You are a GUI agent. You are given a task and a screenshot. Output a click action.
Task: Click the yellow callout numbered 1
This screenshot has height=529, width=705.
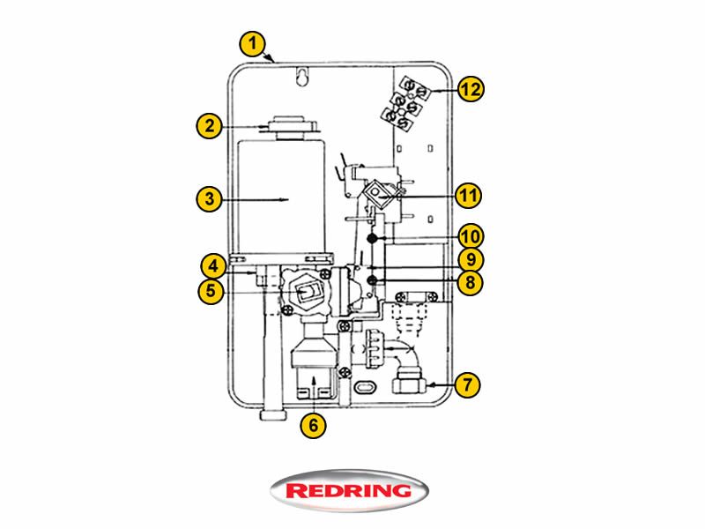pyautogui.click(x=254, y=41)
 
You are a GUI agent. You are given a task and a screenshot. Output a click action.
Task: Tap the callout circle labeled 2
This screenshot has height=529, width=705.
pyautogui.click(x=208, y=126)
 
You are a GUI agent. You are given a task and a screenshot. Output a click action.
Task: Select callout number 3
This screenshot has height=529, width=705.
pyautogui.click(x=208, y=199)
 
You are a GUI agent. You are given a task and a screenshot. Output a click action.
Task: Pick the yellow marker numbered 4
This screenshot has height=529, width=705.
pyautogui.click(x=211, y=265)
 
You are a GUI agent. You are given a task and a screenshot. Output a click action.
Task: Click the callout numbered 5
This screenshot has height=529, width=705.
pyautogui.click(x=211, y=291)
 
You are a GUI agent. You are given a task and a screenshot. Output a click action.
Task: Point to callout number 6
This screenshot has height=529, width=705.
pyautogui.click(x=313, y=425)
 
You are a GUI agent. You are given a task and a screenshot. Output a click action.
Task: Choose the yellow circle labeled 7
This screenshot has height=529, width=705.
pyautogui.click(x=469, y=385)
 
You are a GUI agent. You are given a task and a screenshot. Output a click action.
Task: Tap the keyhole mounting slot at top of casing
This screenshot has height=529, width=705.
pyautogui.click(x=301, y=78)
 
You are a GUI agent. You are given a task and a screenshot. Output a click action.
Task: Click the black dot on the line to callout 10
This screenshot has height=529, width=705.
pyautogui.click(x=373, y=239)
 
